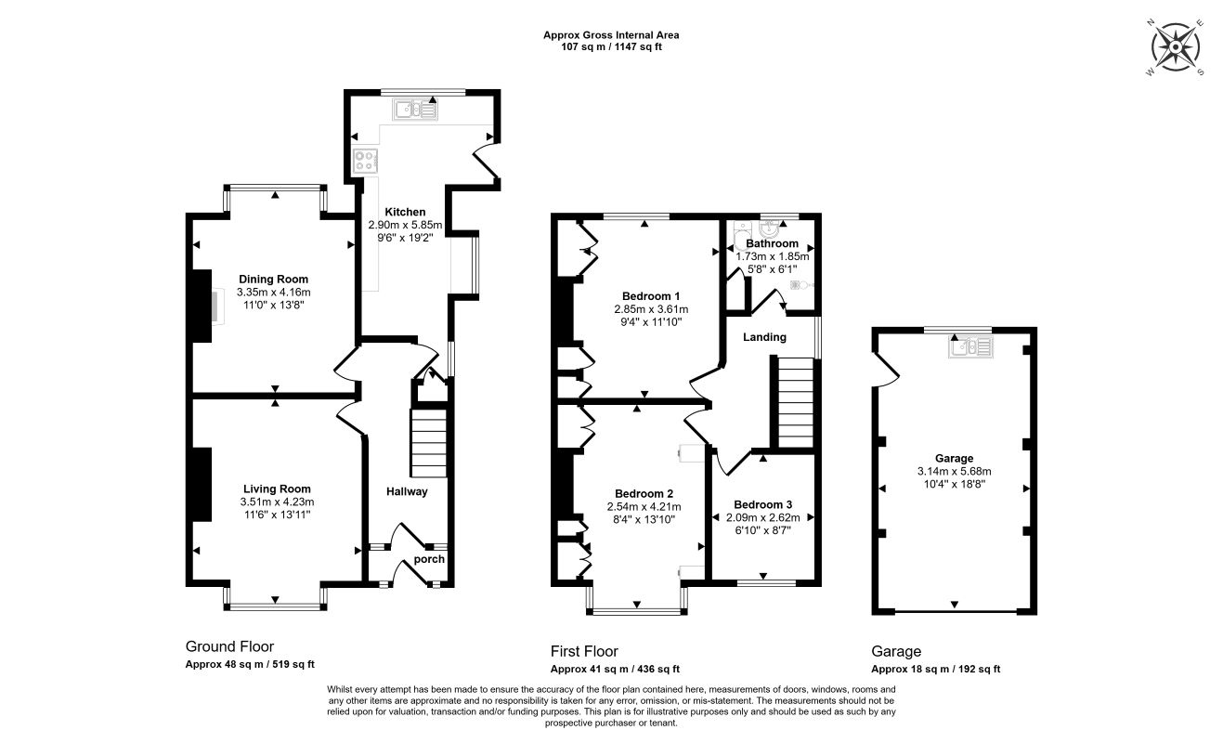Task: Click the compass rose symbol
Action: [1175, 47]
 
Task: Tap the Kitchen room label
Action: [405, 212]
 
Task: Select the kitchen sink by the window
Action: [414, 110]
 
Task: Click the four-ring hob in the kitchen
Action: [365, 161]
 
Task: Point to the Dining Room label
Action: [274, 280]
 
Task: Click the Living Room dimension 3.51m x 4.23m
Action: [278, 502]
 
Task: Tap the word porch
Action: [429, 559]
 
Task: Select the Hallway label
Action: [407, 491]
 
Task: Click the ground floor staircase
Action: [429, 443]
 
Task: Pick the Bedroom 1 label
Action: [651, 296]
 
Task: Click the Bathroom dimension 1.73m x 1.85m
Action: [773, 256]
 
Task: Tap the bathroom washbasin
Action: [771, 228]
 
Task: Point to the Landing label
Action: [764, 337]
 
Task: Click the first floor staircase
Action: [795, 402]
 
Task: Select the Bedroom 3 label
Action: [762, 504]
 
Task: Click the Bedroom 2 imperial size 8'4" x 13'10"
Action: [644, 519]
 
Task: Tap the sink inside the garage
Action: [970, 346]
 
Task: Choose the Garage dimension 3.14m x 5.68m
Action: [955, 471]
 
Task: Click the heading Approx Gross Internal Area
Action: [611, 35]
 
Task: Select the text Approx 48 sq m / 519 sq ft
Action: [250, 664]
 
